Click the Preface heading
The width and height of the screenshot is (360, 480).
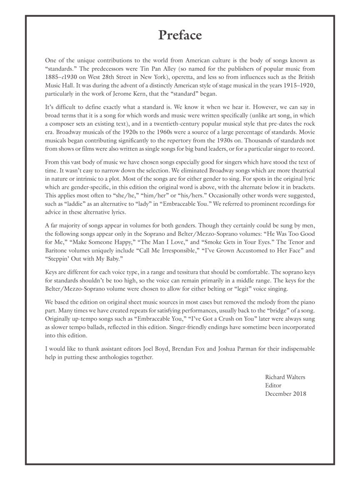(x=180, y=35)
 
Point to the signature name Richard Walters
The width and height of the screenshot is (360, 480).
(x=285, y=377)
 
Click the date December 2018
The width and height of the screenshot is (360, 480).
(x=285, y=393)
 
